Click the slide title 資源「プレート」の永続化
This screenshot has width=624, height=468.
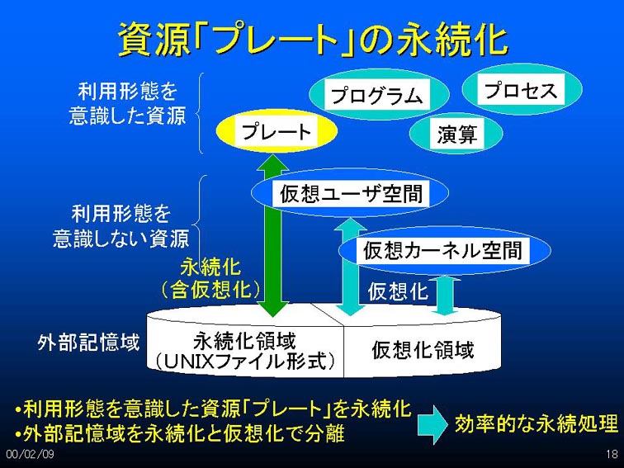coord(313,40)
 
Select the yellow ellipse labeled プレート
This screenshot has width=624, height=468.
coord(277,131)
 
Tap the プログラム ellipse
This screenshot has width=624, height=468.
coord(379,95)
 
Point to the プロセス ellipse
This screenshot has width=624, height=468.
coord(522,89)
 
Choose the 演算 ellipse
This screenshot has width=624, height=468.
coord(456,134)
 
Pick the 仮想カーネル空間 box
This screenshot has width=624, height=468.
coord(444,251)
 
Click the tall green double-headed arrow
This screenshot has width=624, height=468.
coord(272,235)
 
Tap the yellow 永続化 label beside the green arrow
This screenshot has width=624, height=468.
coord(210,267)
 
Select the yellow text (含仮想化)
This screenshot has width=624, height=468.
coord(210,290)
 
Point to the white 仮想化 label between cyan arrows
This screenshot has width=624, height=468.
coord(398,291)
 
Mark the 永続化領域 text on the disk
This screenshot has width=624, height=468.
coord(244,342)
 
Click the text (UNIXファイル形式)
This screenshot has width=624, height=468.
coord(244,362)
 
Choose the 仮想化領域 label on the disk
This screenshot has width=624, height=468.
coord(423,350)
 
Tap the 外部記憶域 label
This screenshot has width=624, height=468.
coord(88,343)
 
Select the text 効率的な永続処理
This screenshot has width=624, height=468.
coord(537,423)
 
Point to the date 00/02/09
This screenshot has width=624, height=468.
coord(31,454)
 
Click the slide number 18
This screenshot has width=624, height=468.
coord(612,454)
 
